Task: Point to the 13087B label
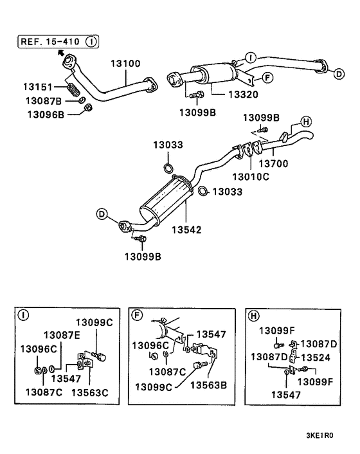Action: [x=44, y=100]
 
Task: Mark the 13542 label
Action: [x=187, y=228]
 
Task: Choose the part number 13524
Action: [x=316, y=356]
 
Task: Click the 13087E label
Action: [x=62, y=334]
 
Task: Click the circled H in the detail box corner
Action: [x=253, y=315]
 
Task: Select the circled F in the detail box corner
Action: [x=136, y=315]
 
